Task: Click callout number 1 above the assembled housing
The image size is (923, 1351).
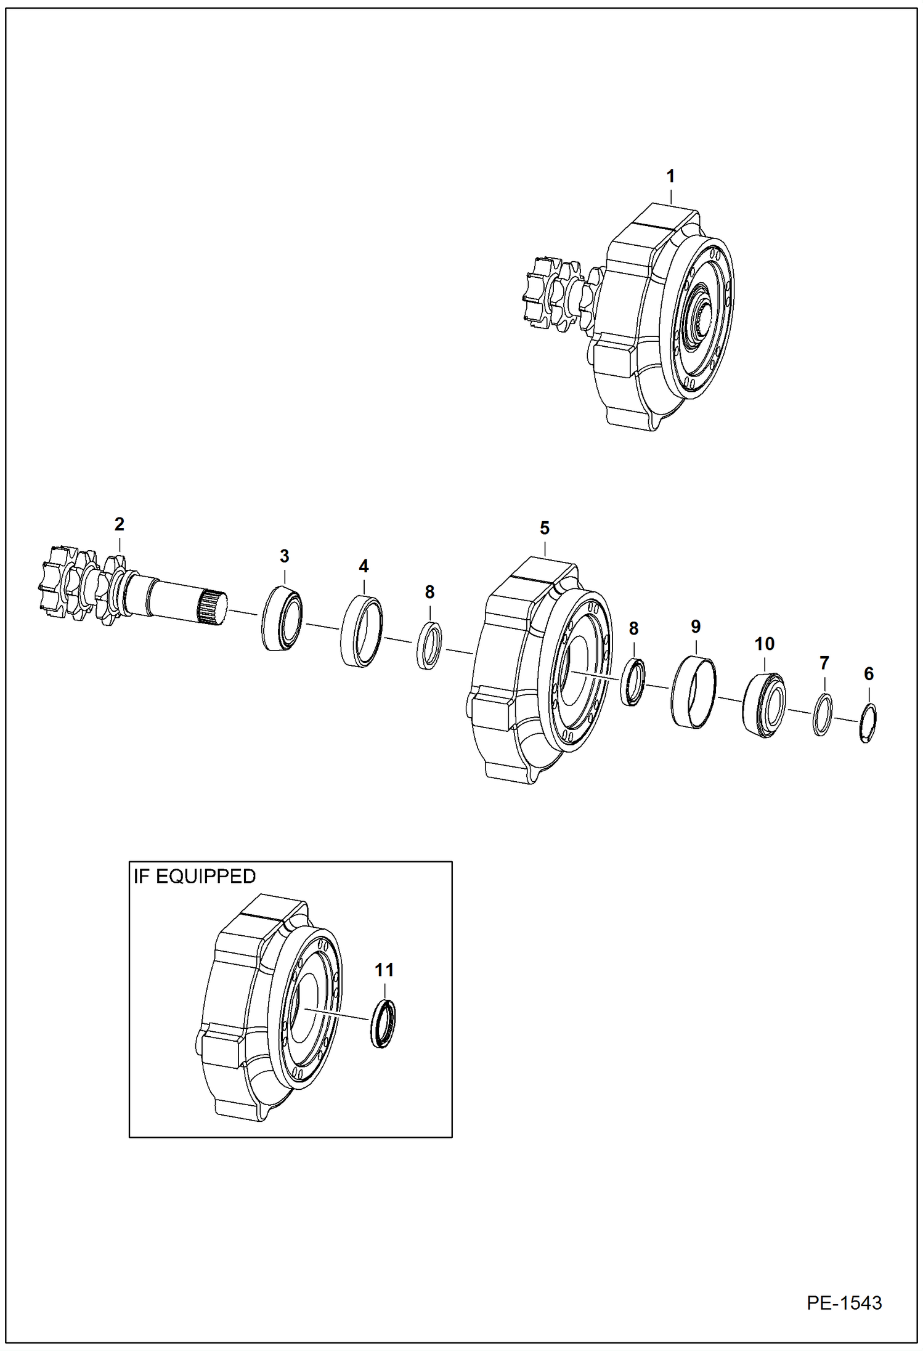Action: tap(670, 176)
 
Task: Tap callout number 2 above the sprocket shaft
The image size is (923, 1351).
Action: tap(120, 524)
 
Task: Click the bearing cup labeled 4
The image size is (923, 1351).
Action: tap(362, 631)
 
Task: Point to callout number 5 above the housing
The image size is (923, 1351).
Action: tap(545, 528)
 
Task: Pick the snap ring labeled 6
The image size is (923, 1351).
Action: tap(868, 723)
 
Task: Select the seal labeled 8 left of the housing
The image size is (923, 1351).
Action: tap(430, 646)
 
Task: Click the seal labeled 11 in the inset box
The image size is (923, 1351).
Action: tap(383, 1024)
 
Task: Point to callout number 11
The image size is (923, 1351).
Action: tap(384, 970)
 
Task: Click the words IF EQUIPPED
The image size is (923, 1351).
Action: tap(195, 877)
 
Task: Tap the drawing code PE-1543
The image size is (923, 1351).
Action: tap(844, 1303)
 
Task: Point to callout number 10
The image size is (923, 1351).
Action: tap(764, 644)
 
